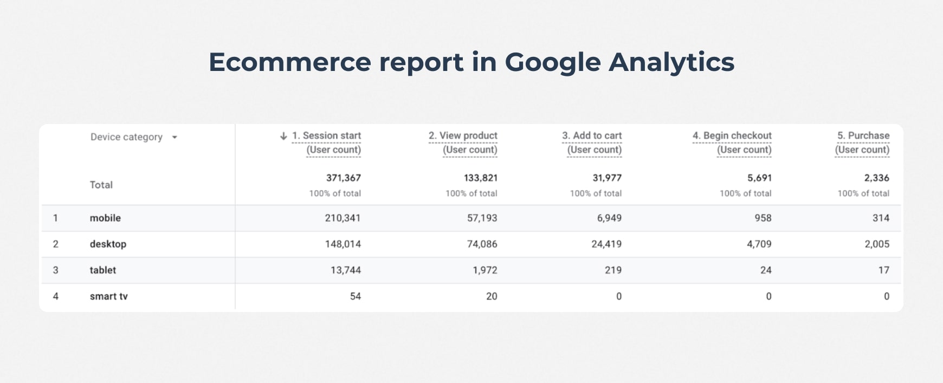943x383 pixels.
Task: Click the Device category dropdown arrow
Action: (175, 138)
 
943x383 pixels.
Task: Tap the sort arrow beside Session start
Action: (283, 136)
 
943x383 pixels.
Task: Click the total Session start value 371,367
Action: (343, 178)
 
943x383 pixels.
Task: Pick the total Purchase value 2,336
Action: (876, 178)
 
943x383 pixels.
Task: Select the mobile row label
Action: (105, 218)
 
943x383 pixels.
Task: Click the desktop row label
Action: (108, 244)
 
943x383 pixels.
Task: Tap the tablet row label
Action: (103, 270)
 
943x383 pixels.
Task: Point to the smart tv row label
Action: (108, 296)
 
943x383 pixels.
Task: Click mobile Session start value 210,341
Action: (343, 218)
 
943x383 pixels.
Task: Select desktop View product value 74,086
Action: (482, 244)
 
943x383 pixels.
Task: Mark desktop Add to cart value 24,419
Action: (606, 244)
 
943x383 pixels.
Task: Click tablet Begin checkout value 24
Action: (765, 270)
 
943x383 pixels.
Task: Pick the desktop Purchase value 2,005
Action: (876, 244)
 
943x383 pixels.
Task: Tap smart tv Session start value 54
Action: (355, 296)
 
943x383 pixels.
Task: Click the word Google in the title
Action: (552, 62)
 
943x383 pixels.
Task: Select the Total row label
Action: (101, 185)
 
